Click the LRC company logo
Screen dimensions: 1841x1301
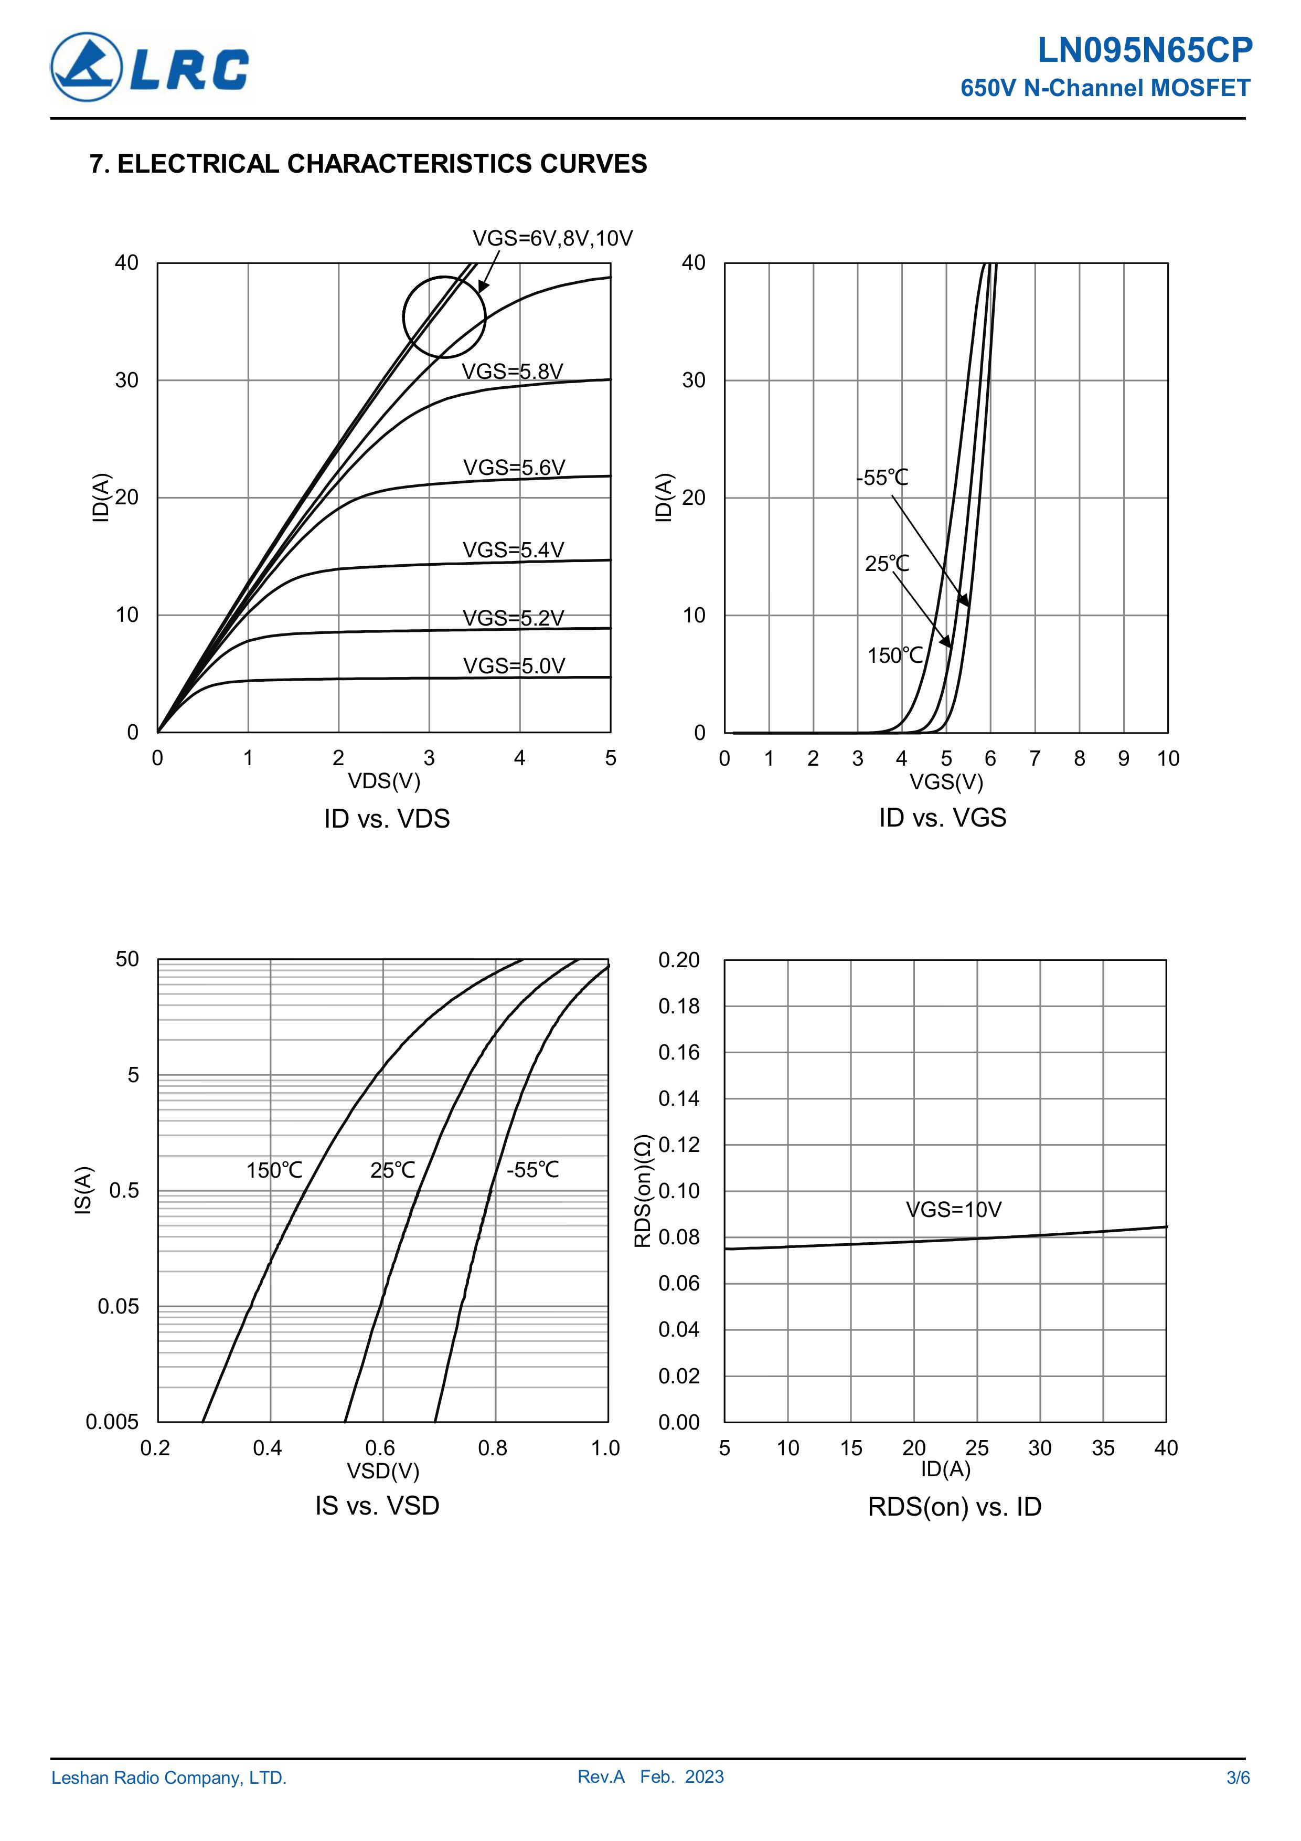coord(150,67)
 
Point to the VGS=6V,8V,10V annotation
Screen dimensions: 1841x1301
coord(552,238)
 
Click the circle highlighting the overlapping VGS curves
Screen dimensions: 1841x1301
coord(444,318)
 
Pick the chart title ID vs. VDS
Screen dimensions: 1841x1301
coord(387,819)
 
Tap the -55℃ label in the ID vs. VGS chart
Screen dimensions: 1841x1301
coord(882,478)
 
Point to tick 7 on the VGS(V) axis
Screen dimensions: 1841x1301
coord(1035,758)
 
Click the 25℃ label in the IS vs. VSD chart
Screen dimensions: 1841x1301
coord(393,1171)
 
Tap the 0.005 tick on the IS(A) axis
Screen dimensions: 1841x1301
coord(112,1422)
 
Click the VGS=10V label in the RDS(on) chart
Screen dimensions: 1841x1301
coord(953,1209)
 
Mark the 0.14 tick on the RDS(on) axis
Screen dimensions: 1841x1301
coord(678,1098)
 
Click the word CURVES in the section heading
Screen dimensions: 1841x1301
coord(593,164)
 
